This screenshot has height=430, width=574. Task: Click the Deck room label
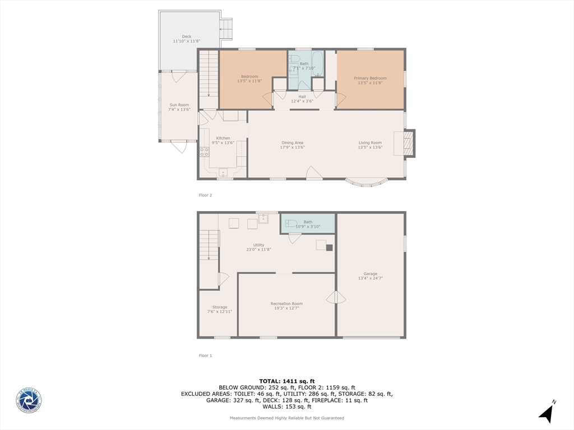click(186, 37)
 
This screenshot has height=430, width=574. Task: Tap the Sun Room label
click(179, 105)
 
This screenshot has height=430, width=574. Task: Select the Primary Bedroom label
click(370, 78)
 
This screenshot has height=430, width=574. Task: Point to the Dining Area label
click(293, 143)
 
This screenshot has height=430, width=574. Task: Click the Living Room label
click(370, 143)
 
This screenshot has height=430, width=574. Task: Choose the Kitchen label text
click(223, 138)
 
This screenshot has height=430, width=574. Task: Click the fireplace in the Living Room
click(409, 143)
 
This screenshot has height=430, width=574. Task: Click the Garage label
click(370, 274)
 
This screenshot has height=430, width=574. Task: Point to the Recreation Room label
click(286, 303)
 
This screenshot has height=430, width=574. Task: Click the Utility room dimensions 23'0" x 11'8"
click(258, 250)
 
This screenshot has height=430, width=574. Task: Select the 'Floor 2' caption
click(205, 195)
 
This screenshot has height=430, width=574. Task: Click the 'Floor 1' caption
click(205, 356)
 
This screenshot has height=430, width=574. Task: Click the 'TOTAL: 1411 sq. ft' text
click(286, 381)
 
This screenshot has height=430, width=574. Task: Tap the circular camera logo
click(29, 401)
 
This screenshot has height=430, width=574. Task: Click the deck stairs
click(225, 30)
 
